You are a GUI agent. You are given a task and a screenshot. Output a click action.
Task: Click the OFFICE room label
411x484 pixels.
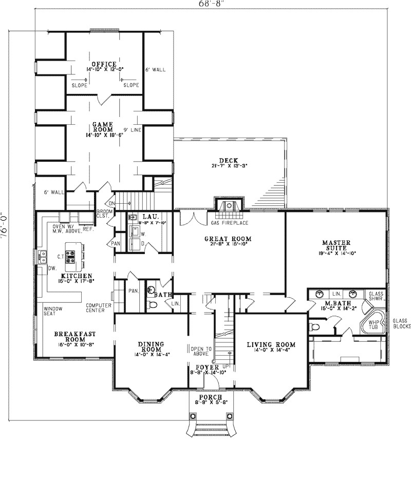coord(104,64)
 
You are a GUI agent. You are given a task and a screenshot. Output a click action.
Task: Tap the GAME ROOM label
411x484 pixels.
coord(103,127)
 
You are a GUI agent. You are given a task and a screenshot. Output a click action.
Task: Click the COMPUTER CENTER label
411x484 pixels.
coord(99,307)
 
